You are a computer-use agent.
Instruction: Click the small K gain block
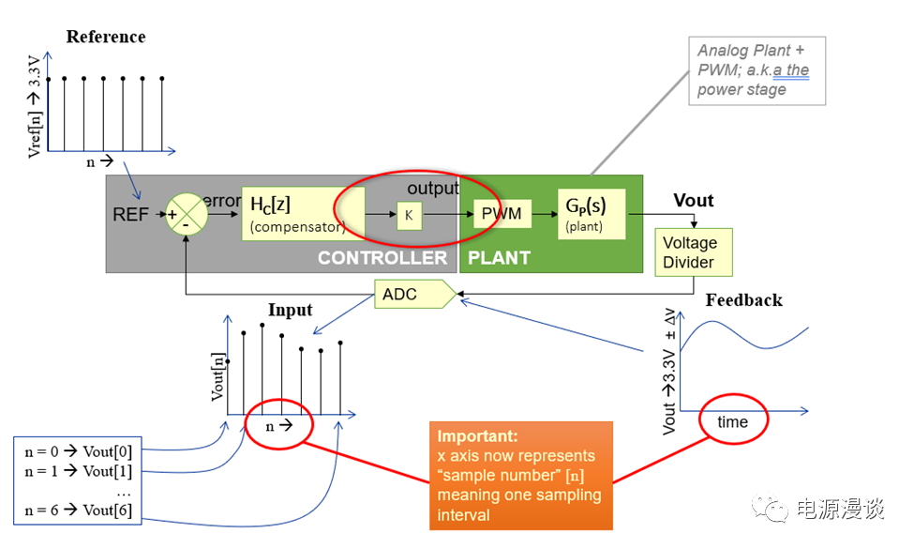click(x=409, y=215)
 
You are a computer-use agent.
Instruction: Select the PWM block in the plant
click(x=502, y=214)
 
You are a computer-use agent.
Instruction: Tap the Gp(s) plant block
click(x=592, y=213)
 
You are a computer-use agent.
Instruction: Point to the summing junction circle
click(x=186, y=215)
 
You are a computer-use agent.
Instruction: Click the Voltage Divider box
click(x=689, y=252)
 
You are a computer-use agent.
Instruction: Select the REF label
click(x=130, y=215)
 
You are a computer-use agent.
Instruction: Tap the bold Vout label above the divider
click(x=694, y=201)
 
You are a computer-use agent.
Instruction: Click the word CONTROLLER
click(x=382, y=257)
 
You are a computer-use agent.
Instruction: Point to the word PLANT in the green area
click(x=499, y=257)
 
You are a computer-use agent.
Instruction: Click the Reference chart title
click(x=106, y=38)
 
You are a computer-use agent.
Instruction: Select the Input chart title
click(x=290, y=311)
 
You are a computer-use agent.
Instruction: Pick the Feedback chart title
click(x=743, y=300)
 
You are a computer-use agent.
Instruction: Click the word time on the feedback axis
click(x=732, y=422)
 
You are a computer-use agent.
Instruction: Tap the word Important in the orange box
click(x=475, y=436)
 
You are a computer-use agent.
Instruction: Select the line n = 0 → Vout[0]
click(x=79, y=451)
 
